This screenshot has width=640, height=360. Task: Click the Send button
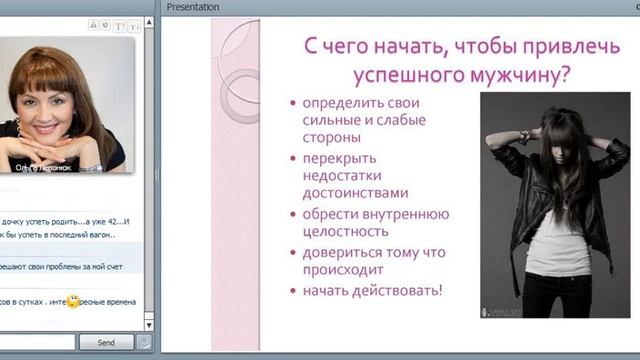(x=105, y=342)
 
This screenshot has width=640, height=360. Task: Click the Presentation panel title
(x=193, y=7)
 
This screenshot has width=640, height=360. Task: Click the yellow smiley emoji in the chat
(x=72, y=301)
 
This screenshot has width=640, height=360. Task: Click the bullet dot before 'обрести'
(x=290, y=214)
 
